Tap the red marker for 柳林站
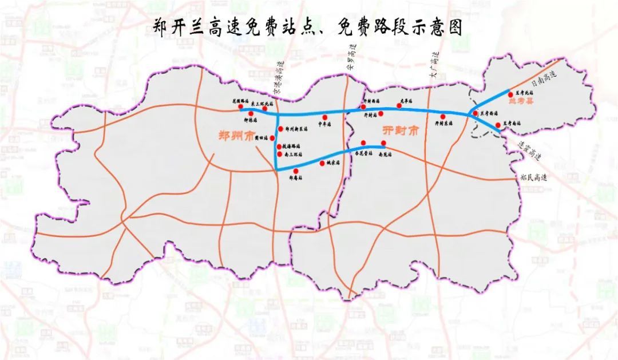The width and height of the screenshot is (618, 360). click(251, 113)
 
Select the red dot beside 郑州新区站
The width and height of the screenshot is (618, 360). click(280, 129)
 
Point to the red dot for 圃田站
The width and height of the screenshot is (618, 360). click(272, 138)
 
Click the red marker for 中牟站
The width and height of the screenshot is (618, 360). click(324, 117)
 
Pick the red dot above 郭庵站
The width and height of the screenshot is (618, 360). click(295, 171)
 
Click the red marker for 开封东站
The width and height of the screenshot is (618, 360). click(443, 117)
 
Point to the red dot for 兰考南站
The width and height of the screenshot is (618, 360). click(498, 125)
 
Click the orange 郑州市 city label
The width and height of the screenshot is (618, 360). click(236, 137)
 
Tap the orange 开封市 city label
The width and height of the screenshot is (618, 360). click(401, 131)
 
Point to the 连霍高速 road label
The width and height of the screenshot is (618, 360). click(529, 150)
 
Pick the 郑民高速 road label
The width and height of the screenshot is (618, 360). click(534, 178)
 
